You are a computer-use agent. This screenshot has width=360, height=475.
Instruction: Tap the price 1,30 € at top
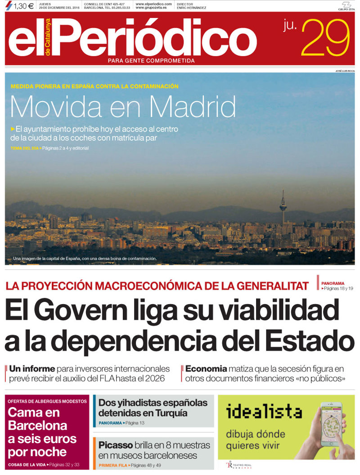20,6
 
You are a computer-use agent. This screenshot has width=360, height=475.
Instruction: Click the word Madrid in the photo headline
193,107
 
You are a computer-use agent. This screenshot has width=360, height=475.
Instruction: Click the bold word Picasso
115,445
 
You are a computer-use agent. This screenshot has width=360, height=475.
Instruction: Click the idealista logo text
264,411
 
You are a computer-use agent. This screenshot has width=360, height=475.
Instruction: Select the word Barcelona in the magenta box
37,426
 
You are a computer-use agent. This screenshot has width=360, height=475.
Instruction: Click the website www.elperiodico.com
153,4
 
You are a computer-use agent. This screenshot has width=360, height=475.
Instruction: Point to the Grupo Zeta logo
346,6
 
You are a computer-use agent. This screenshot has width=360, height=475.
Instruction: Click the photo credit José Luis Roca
345,71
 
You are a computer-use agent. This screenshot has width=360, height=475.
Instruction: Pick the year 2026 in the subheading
154,379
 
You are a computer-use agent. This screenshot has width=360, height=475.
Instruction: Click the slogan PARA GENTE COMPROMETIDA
151,60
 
